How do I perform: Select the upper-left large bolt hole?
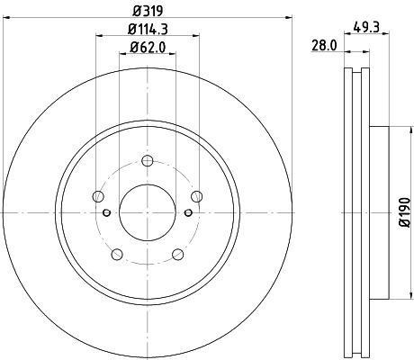point(98,198)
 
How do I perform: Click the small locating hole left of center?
point(107,212)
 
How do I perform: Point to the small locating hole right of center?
point(186,212)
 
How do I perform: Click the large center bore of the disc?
point(147,212)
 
